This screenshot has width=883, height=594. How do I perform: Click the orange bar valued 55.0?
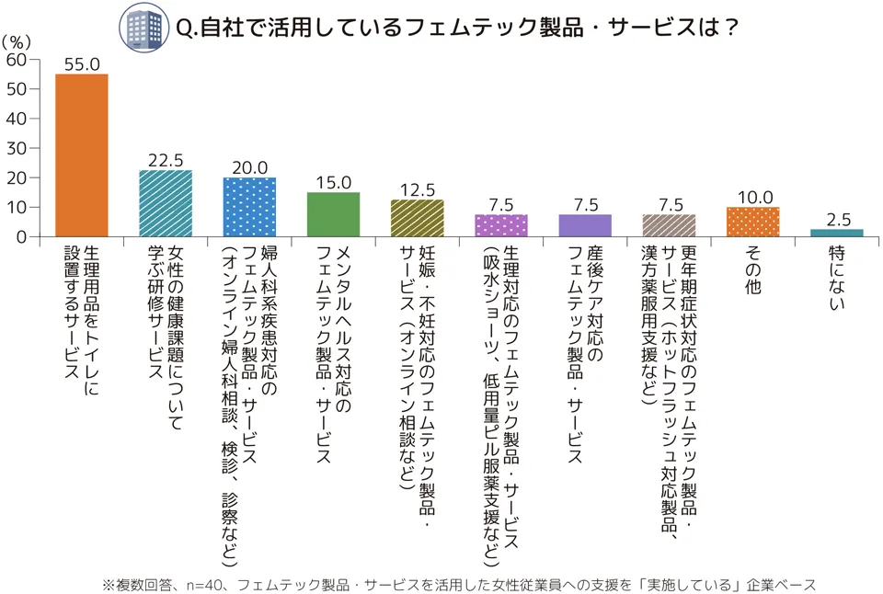click(82, 155)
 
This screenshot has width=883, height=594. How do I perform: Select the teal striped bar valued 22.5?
click(166, 203)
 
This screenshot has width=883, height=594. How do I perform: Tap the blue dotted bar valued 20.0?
click(249, 207)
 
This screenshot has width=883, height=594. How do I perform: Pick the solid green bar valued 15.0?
click(333, 214)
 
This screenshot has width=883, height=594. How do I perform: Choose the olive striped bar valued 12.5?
click(417, 218)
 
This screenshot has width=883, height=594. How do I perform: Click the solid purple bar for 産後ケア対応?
click(585, 225)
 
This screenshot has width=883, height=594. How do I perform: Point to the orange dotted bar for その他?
click(752, 222)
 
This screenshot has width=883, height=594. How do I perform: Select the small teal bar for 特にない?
click(837, 233)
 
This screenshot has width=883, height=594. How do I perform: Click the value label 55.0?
click(82, 63)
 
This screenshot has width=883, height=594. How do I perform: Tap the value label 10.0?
click(752, 197)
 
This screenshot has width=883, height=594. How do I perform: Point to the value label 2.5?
click(837, 219)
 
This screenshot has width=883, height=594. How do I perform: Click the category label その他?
click(752, 270)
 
